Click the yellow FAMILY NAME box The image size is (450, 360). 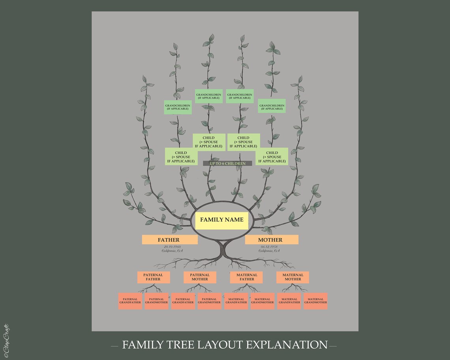[x=221, y=220]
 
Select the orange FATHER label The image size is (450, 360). [x=170, y=240]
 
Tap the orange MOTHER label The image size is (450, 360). [x=272, y=240]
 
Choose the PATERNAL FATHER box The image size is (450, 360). [x=154, y=277]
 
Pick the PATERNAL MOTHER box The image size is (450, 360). [x=200, y=277]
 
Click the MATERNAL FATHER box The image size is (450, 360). [x=247, y=277]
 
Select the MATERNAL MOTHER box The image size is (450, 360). [x=292, y=277]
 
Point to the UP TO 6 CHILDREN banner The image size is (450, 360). [x=227, y=163]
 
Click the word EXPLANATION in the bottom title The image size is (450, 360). [x=287, y=345]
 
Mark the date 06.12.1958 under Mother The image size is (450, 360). [x=269, y=247]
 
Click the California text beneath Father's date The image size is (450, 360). [x=172, y=251]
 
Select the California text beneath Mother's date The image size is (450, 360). [x=269, y=251]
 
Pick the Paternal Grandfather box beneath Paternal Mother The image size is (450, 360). [x=183, y=301]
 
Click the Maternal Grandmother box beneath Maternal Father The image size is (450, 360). [x=262, y=301]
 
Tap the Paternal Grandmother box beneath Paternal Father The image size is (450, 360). [x=156, y=301]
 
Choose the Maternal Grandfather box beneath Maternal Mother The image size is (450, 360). [x=289, y=301]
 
